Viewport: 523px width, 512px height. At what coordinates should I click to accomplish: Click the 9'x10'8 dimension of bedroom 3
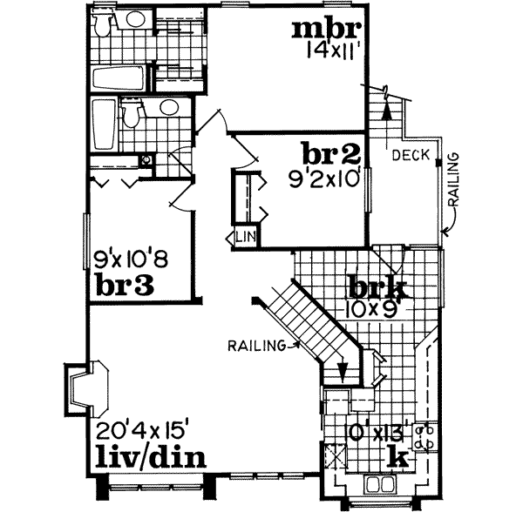pos(129,259)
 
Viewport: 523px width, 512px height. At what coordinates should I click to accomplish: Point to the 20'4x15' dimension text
pos(143,429)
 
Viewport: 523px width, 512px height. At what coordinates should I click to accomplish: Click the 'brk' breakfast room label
pos(377,286)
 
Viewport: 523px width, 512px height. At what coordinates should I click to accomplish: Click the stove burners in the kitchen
pos(425,438)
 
